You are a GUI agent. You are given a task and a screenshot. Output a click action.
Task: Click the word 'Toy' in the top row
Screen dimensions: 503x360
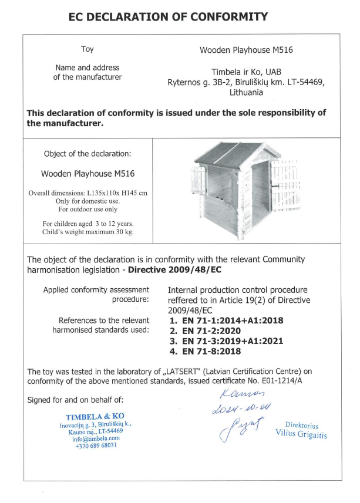click(x=87, y=49)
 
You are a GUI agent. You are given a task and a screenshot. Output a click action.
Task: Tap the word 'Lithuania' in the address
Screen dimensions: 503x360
click(x=246, y=92)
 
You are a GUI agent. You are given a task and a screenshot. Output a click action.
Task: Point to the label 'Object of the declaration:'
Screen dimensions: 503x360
click(x=88, y=154)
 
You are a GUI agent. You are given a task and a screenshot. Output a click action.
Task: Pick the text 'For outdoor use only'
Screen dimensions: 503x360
click(x=88, y=209)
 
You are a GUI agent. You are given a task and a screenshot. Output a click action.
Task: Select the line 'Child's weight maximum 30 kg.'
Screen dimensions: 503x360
click(x=88, y=232)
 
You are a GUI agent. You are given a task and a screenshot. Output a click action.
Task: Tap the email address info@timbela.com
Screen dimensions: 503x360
click(x=96, y=438)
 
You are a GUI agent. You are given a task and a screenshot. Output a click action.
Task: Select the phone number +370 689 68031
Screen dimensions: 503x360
click(x=96, y=445)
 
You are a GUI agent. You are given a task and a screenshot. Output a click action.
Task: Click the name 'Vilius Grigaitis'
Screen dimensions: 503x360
click(x=301, y=434)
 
